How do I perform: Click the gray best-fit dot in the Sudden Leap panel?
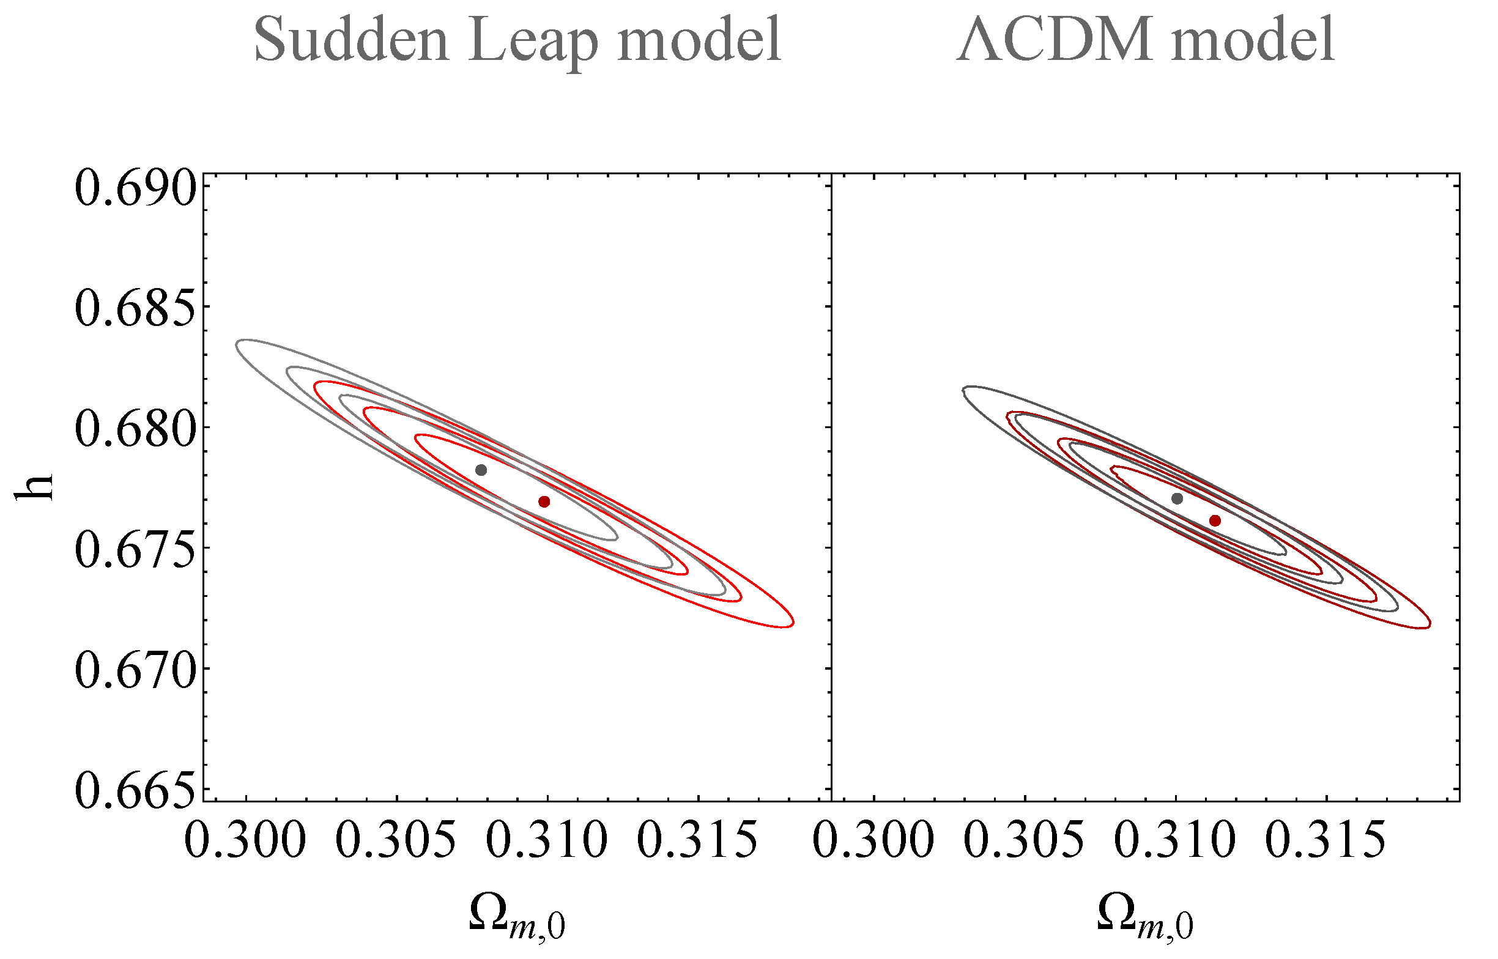tap(481, 470)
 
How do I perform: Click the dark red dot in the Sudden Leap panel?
tap(544, 502)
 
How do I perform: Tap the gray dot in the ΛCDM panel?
tap(1177, 498)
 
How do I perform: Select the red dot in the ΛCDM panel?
tap(1215, 520)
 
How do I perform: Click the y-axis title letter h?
tap(34, 487)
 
